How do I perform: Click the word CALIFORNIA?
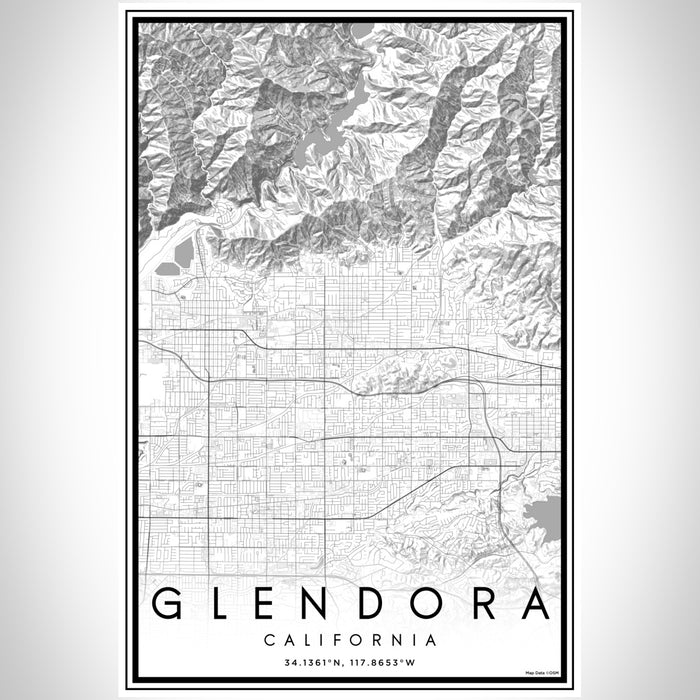pyautogui.click(x=350, y=639)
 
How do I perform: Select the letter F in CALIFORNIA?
pyautogui.click(x=344, y=639)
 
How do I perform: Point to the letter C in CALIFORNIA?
pyautogui.click(x=269, y=639)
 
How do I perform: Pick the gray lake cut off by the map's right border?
pyautogui.click(x=545, y=519)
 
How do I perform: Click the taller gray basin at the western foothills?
pyautogui.click(x=184, y=251)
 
